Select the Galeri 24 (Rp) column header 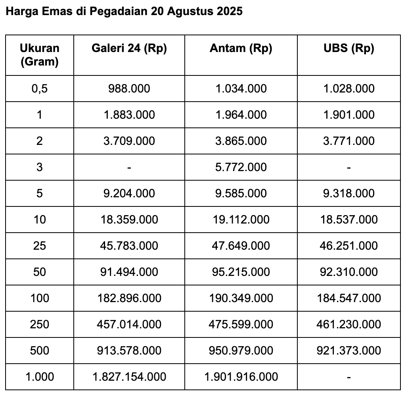[x=129, y=48]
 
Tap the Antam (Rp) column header [x=241, y=48]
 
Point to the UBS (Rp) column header [x=349, y=48]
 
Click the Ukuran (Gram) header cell [x=40, y=55]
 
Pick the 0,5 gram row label [x=40, y=89]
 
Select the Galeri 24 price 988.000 [x=129, y=89]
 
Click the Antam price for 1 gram [x=241, y=115]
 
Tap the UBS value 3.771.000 [x=349, y=141]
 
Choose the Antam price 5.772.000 [x=241, y=167]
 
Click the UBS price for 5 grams [x=349, y=193]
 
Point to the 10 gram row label [x=40, y=220]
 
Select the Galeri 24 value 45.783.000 [x=129, y=246]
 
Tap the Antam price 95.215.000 [x=241, y=272]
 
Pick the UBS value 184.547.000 [x=349, y=298]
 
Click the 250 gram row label [x=40, y=324]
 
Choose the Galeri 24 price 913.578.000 [x=129, y=351]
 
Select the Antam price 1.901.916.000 [x=241, y=377]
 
